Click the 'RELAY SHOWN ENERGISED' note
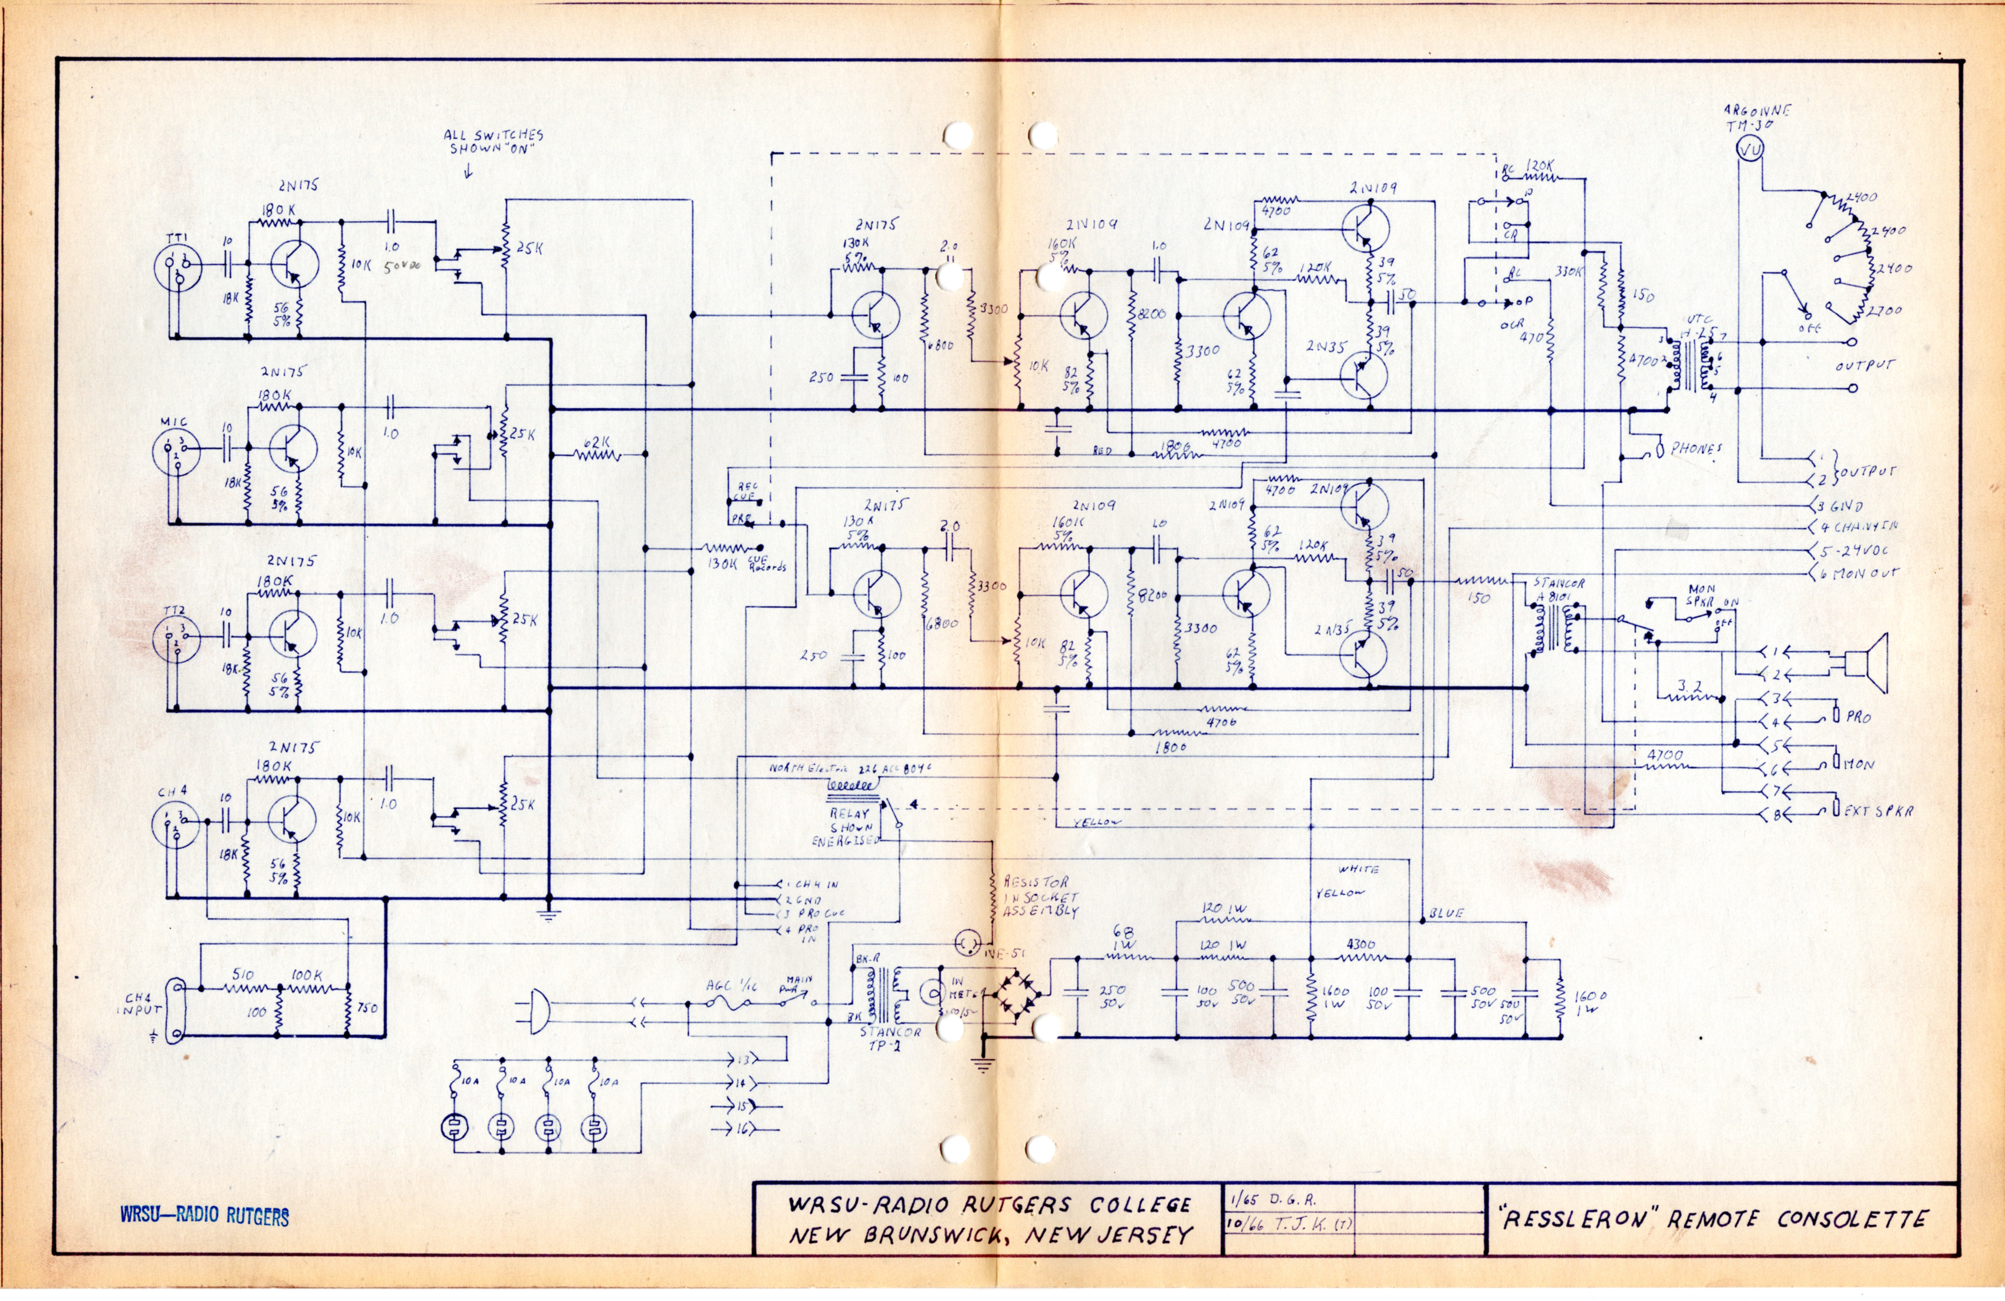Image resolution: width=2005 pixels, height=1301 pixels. tap(844, 827)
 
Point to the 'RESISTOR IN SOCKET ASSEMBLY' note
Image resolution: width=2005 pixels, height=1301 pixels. tap(1040, 896)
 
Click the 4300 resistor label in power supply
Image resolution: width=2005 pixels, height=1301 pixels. tap(1362, 945)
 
